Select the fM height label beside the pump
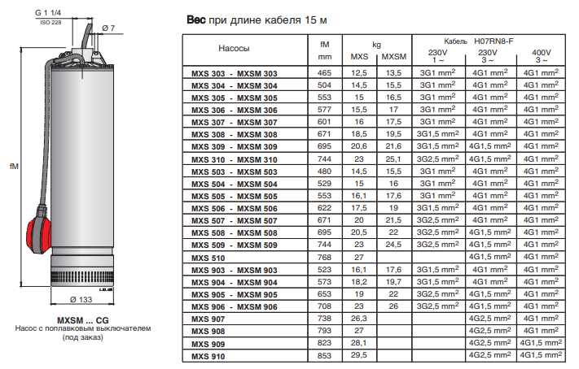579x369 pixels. [x=14, y=166]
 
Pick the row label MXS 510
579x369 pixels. [x=206, y=258]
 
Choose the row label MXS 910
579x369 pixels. [x=206, y=355]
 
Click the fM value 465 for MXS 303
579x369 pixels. [x=324, y=73]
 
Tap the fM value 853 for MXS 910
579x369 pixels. [x=324, y=355]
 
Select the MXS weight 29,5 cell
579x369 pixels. [x=359, y=355]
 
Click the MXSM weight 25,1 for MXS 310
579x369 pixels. [x=393, y=159]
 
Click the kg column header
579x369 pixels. [x=376, y=42]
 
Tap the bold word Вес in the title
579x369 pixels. [x=195, y=18]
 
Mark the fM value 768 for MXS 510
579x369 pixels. [x=324, y=258]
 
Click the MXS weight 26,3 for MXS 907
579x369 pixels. [x=359, y=319]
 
